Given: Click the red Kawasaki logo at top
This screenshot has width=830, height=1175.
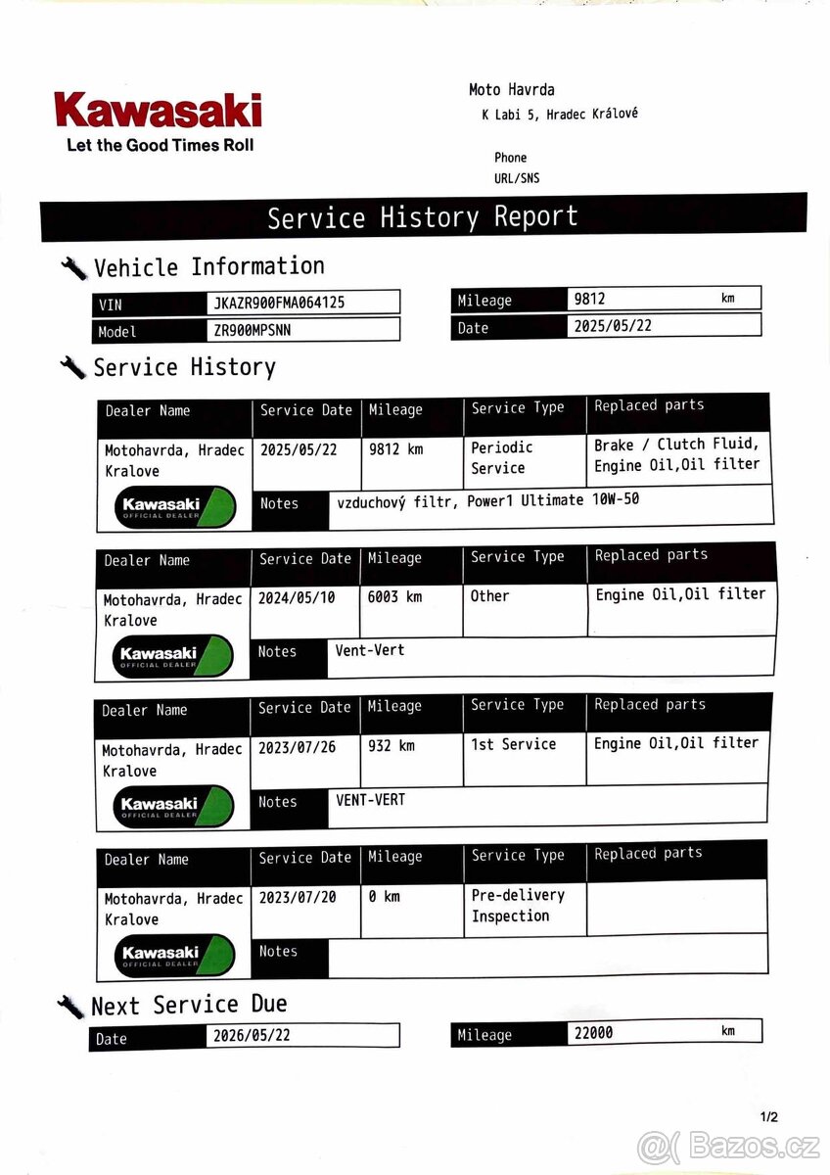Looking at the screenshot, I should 158,110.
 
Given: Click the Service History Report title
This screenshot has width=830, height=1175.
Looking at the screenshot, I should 423,216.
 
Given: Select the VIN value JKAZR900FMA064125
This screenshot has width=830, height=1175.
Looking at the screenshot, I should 279,303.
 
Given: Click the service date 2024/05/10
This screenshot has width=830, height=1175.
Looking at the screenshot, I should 297,596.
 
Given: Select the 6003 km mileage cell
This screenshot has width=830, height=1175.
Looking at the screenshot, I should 394,596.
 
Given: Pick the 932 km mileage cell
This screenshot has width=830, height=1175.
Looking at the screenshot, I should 392,746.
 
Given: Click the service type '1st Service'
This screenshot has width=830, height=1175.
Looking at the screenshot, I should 513,744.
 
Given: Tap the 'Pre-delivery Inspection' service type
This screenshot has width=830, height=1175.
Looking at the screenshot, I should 517,906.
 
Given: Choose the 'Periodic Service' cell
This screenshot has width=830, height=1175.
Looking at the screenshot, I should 501,457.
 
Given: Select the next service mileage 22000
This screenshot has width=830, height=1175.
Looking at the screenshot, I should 593,1032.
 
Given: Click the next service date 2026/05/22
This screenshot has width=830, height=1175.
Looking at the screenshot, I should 252,1036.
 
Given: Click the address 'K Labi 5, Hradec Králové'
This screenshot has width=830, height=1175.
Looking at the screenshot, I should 559,114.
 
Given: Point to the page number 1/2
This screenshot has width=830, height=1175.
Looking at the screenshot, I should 769,1116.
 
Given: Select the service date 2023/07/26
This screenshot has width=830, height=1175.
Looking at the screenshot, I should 297,747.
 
